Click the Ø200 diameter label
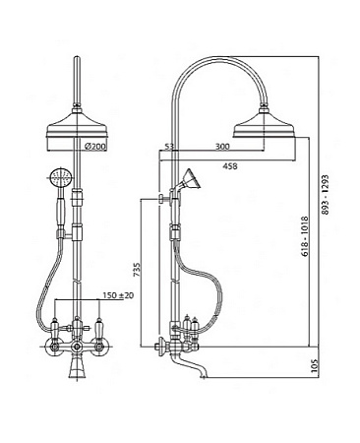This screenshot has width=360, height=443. [x=95, y=147]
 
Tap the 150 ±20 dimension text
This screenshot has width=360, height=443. [x=118, y=295]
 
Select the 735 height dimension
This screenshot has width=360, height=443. [x=137, y=269]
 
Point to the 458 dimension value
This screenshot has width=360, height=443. [x=229, y=166]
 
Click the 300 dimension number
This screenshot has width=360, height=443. [x=222, y=147]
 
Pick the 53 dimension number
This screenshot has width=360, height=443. [x=168, y=147]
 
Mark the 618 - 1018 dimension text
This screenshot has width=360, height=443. [x=305, y=236]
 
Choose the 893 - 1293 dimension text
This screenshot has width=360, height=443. [x=325, y=195]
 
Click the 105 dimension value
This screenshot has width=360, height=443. [x=314, y=365]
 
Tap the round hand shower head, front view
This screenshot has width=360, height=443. [x=61, y=179]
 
